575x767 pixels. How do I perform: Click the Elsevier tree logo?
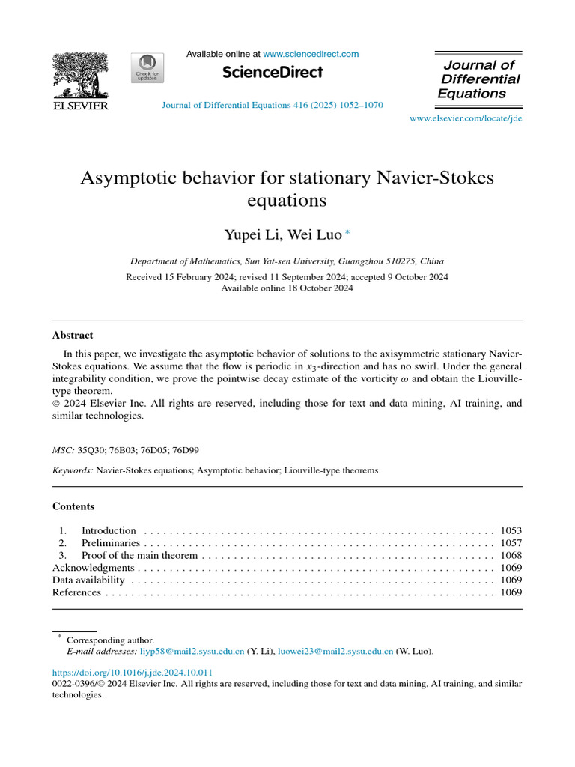pyautogui.click(x=80, y=76)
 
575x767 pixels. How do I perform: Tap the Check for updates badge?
pyautogui.click(x=147, y=68)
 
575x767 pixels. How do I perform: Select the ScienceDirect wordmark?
pyautogui.click(x=273, y=73)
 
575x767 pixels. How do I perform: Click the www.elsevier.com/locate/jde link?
pyautogui.click(x=466, y=119)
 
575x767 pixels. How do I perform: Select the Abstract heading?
pyautogui.click(x=73, y=335)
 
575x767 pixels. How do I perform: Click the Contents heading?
pyautogui.click(x=73, y=506)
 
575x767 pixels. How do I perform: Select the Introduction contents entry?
pyautogui.click(x=109, y=530)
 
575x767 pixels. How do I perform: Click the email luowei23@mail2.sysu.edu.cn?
pyautogui.click(x=335, y=652)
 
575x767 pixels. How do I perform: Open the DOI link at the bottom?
pyautogui.click(x=133, y=672)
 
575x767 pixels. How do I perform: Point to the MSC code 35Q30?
pyautogui.click(x=91, y=450)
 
